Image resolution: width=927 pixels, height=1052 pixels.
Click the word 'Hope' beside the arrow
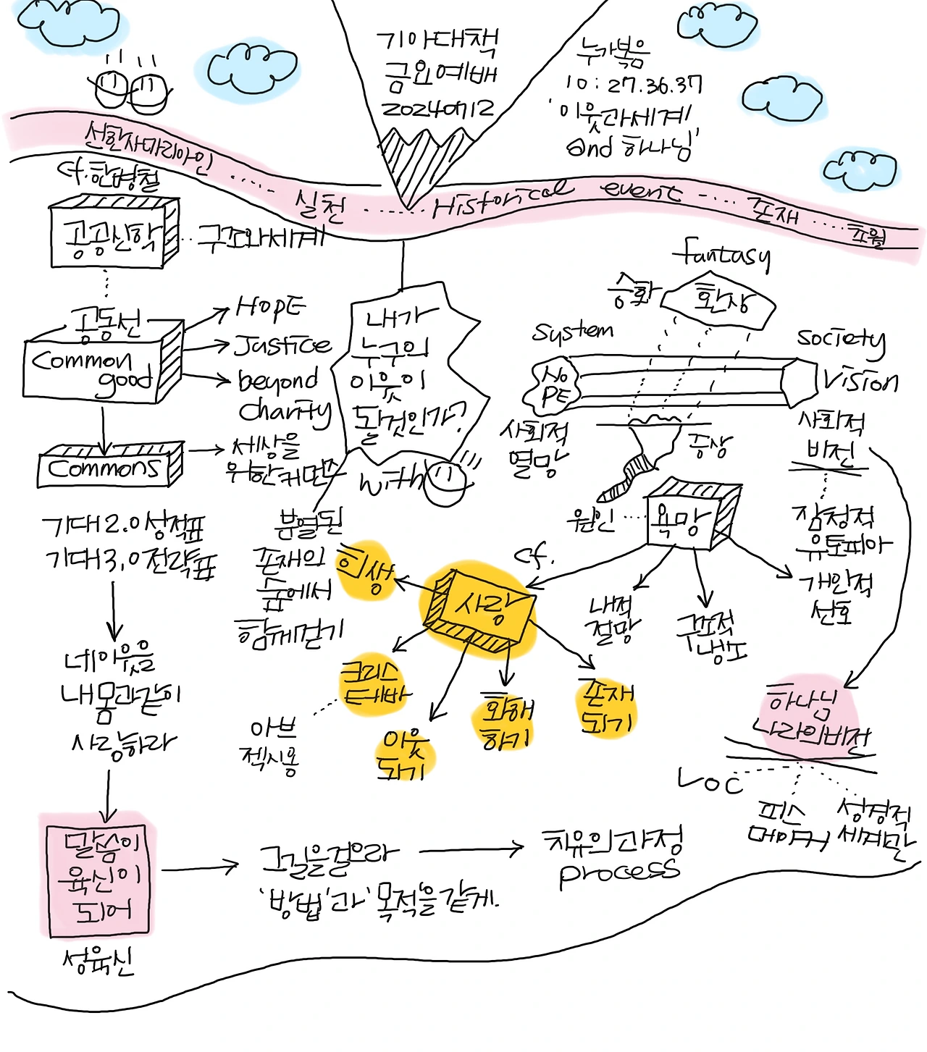tap(271, 308)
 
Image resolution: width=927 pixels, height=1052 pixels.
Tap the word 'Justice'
tap(283, 345)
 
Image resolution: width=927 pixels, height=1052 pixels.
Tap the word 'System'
tap(572, 332)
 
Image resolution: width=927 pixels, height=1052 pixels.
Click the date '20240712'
tap(438, 109)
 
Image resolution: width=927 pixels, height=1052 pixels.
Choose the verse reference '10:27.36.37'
tap(634, 85)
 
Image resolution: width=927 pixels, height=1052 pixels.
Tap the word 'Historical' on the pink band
tap(500, 199)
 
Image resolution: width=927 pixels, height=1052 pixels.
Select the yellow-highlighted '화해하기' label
tap(507, 721)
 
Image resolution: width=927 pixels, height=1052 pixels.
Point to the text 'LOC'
tap(710, 781)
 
